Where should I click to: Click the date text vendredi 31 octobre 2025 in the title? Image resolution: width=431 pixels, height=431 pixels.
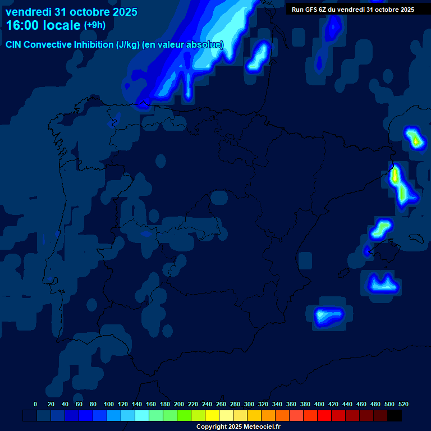click(71, 12)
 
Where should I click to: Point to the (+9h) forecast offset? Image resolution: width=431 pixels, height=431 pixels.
click(94, 25)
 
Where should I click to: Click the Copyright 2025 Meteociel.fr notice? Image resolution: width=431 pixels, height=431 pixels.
click(238, 427)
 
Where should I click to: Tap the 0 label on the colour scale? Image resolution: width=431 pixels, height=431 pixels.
click(35, 404)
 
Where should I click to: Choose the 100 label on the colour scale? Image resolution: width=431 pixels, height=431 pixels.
click(109, 404)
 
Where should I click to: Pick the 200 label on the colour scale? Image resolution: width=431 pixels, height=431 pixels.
click(179, 404)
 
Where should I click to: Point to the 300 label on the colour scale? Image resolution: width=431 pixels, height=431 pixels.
click(249, 404)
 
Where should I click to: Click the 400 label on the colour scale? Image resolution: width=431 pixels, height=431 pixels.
click(319, 404)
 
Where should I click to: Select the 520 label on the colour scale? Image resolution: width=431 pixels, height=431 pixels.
click(403, 404)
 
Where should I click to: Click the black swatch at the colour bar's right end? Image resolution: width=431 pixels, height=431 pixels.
click(395, 416)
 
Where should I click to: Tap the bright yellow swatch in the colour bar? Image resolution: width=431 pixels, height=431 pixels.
click(212, 416)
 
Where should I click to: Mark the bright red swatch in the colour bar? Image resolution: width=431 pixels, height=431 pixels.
click(324, 416)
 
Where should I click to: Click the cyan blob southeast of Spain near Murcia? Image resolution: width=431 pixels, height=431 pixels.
click(328, 316)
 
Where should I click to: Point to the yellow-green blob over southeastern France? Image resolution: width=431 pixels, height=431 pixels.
click(415, 138)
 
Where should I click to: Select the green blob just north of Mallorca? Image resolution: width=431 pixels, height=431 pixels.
click(382, 228)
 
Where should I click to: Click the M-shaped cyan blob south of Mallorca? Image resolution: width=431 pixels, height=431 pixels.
click(382, 283)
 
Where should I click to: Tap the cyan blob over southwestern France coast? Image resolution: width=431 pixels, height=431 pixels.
click(260, 57)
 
